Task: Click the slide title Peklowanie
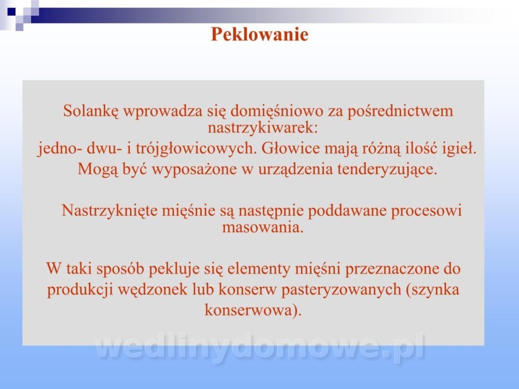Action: click(260, 34)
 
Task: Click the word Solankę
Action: click(91, 111)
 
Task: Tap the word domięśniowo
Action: click(277, 111)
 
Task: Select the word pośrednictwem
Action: click(400, 111)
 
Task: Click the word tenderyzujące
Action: click(387, 169)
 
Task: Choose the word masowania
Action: click(263, 228)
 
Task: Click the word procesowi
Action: click(427, 211)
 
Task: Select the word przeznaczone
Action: click(391, 269)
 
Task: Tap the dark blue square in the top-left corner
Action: click(11, 11)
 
